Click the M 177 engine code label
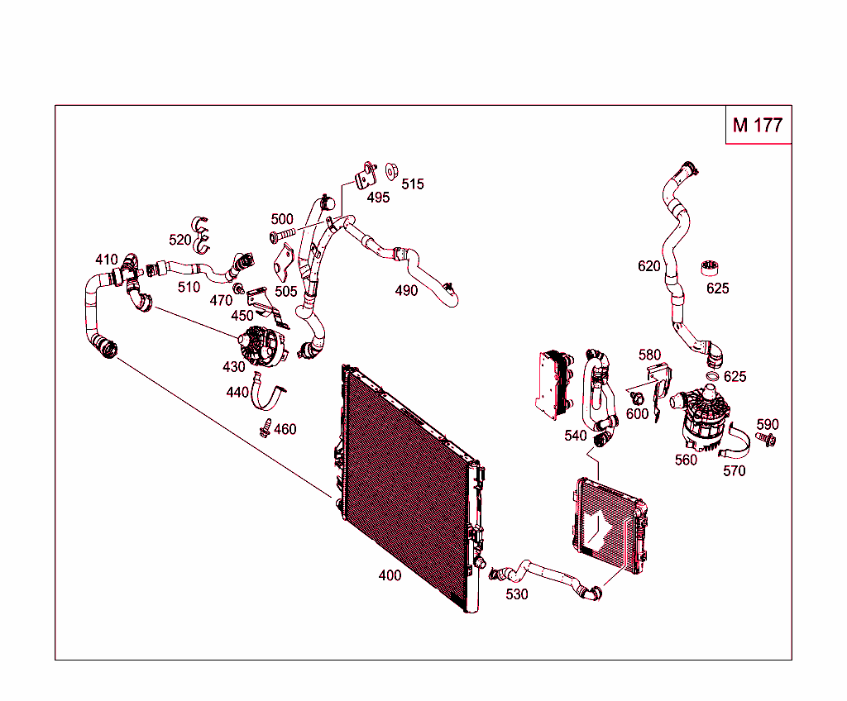[758, 125]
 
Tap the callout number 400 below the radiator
[390, 575]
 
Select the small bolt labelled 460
[265, 428]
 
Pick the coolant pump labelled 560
[700, 417]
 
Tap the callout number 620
[649, 266]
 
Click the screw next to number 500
[283, 237]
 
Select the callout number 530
[516, 594]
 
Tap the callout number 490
[406, 291]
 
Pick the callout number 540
[576, 436]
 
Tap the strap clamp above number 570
[738, 447]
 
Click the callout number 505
[286, 292]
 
